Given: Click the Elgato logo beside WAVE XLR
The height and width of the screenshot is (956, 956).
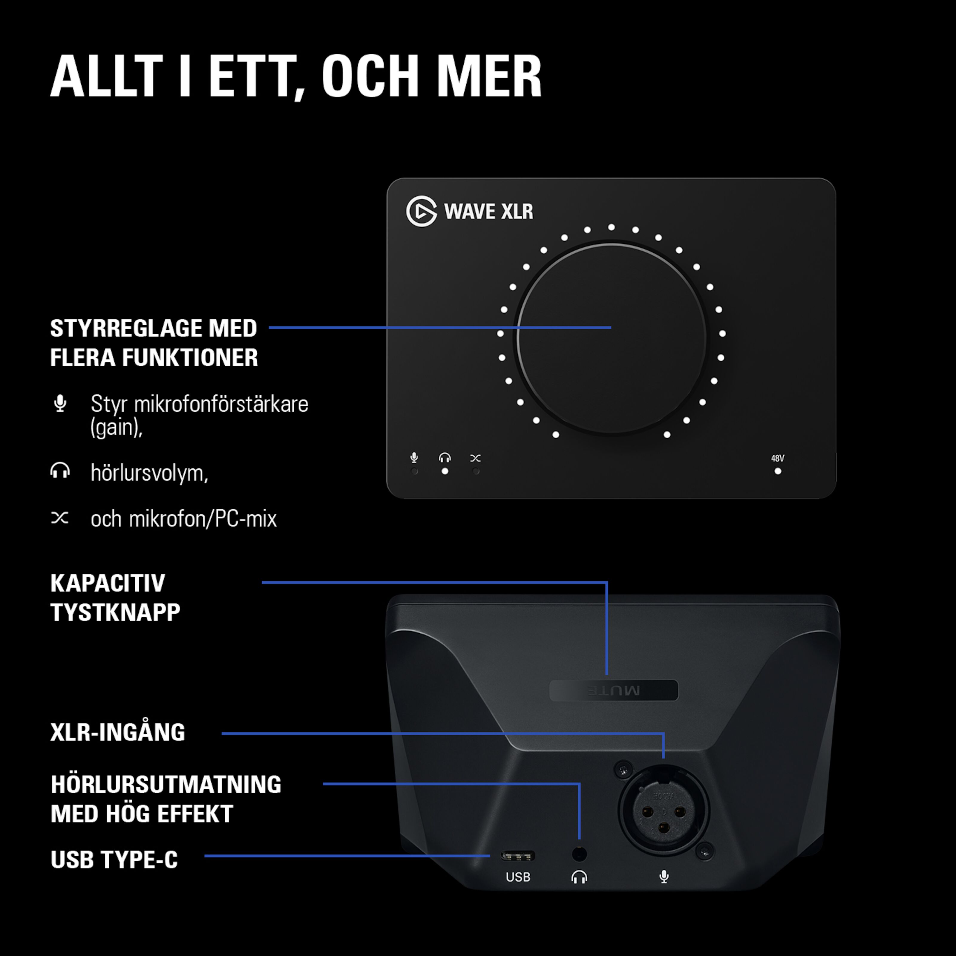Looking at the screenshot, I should click(x=421, y=211).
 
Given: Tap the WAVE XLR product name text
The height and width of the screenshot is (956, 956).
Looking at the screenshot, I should click(x=488, y=211).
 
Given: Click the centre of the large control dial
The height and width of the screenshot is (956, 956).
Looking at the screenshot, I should click(x=612, y=338).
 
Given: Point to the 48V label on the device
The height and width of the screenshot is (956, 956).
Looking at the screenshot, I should click(x=777, y=458).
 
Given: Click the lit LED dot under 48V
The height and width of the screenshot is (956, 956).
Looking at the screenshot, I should click(x=778, y=471).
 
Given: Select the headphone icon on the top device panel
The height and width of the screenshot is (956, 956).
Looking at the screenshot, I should click(x=445, y=458).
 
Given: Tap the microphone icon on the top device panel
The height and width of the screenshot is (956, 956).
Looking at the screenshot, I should click(x=414, y=458).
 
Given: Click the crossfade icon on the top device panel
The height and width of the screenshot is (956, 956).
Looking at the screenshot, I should click(x=476, y=458).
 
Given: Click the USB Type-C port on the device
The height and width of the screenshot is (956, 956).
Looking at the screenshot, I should click(x=518, y=856).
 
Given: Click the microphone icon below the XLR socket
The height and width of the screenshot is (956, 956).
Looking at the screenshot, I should click(x=664, y=877).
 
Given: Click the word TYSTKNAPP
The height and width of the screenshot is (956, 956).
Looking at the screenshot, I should click(x=115, y=613).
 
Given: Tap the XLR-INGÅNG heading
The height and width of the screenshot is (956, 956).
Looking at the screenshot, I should click(x=118, y=732).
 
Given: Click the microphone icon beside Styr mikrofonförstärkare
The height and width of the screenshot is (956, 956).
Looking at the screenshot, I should click(x=60, y=404).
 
